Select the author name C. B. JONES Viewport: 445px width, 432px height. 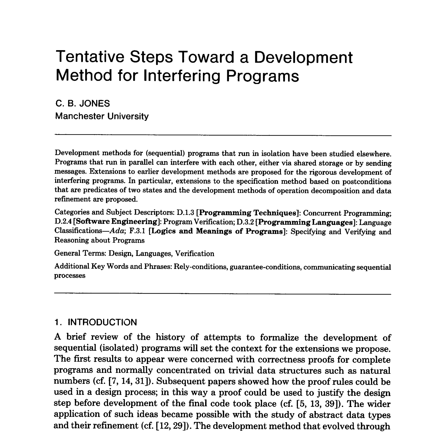(x=83, y=104)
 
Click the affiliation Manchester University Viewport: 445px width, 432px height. (x=102, y=116)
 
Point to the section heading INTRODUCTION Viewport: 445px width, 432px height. (x=103, y=322)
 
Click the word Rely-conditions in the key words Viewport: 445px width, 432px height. (x=201, y=267)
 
